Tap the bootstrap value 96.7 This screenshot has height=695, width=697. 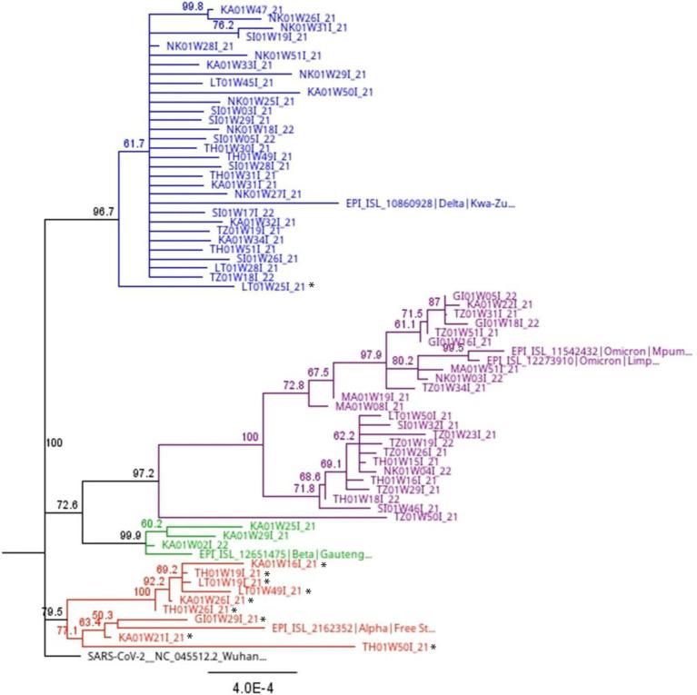(105, 213)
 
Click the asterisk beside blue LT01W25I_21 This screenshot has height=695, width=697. (312, 286)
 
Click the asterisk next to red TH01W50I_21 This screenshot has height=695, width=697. (434, 647)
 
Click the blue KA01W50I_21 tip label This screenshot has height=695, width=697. (341, 92)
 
